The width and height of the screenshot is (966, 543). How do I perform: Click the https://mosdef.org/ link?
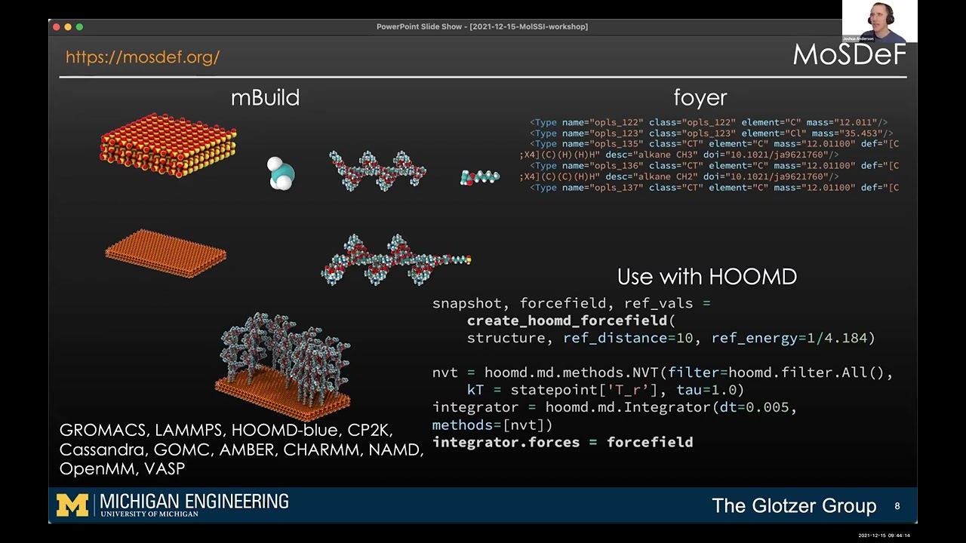click(x=142, y=57)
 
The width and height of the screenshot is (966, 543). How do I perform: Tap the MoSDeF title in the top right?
click(x=849, y=55)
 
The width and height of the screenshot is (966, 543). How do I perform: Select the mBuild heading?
click(x=265, y=98)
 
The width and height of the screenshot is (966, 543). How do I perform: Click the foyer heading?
click(x=700, y=98)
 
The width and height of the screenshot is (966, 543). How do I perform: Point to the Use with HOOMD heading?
click(x=706, y=277)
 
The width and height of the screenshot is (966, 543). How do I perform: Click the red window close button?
click(x=57, y=27)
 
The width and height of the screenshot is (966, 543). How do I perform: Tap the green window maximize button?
click(x=79, y=27)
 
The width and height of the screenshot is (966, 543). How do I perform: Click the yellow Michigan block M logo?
click(x=72, y=505)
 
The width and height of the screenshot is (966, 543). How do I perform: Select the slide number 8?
click(x=897, y=506)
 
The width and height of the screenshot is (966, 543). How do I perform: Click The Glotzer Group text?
click(x=794, y=506)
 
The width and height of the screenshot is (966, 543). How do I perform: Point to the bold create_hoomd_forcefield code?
click(x=567, y=321)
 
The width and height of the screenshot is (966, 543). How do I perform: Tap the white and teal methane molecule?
click(x=281, y=173)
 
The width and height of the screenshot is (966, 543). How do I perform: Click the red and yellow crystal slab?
click(x=168, y=146)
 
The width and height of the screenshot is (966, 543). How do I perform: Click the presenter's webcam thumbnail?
click(x=879, y=21)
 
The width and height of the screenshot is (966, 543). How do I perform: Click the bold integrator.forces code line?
click(x=562, y=442)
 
